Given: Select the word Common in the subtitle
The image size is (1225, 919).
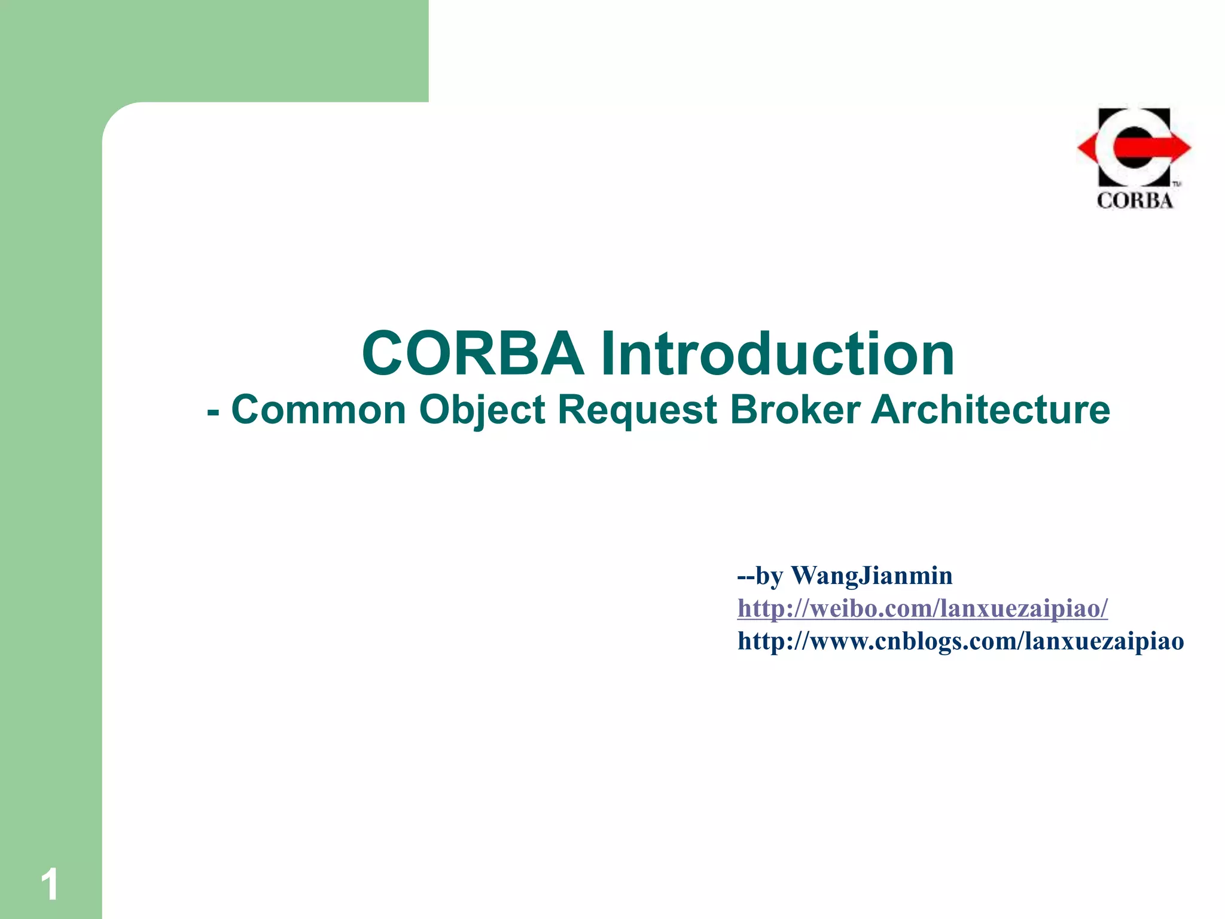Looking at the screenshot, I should [x=318, y=410].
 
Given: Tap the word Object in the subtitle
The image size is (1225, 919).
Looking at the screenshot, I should [x=482, y=412].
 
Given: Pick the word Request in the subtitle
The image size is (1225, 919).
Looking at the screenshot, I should [x=637, y=412].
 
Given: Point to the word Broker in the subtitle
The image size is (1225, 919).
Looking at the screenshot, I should [x=795, y=410].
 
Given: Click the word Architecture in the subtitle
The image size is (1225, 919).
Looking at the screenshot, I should [x=991, y=410].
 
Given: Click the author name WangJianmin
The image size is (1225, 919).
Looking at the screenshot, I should [x=871, y=576].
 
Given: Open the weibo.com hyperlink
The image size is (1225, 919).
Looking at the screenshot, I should [x=922, y=608].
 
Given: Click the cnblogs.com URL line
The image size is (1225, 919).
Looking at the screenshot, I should [x=961, y=641].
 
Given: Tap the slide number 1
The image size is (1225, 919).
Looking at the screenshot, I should [x=50, y=885].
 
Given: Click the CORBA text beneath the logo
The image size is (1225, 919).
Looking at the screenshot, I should [x=1134, y=200].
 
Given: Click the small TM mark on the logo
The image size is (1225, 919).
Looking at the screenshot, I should [x=1175, y=184].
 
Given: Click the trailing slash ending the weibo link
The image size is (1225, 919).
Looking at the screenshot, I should [x=1104, y=608].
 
